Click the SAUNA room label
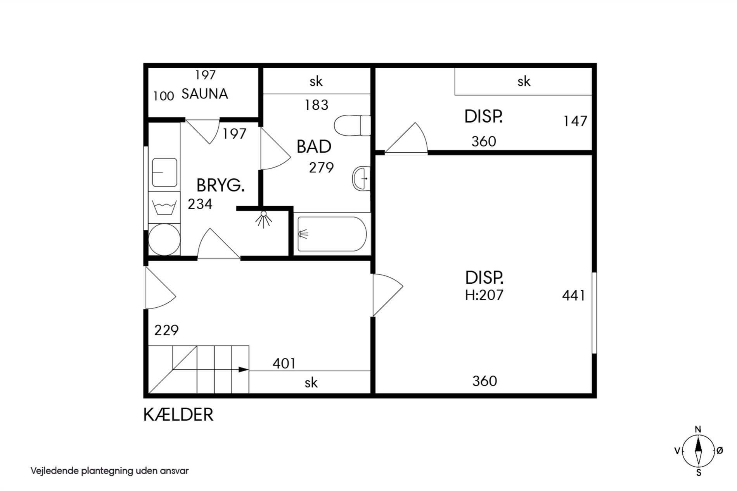coord(204,94)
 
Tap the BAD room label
coord(314,146)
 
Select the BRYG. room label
coord(220,186)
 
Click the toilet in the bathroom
coord(352,125)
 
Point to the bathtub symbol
coord(331,234)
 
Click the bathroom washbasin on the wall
coord(361,178)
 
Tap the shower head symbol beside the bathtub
coord(264,219)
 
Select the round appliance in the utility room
coord(164,239)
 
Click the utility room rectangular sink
coord(164,172)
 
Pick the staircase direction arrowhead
coord(243,369)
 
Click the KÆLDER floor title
coord(178,415)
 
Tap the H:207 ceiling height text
coord(484,295)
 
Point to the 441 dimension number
coord(574,296)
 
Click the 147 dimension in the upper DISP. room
coord(575,121)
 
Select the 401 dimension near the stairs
coord(284,364)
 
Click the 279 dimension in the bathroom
coord(321,167)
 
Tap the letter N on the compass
coord(698,429)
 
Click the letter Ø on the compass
coord(720,450)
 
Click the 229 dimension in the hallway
coord(166,330)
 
